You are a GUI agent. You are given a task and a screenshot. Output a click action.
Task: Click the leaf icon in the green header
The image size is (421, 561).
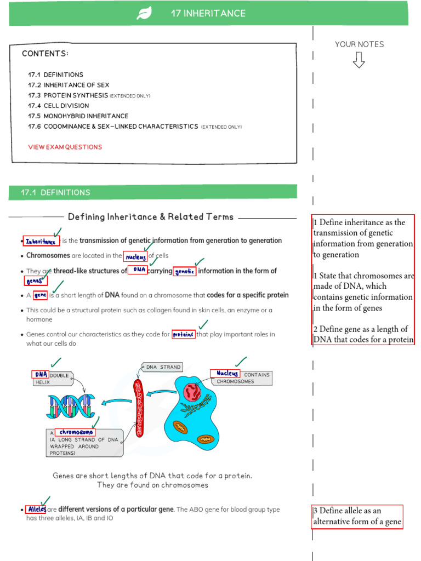point(144,14)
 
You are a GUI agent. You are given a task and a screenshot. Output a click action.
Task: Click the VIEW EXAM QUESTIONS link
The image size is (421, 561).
point(65,147)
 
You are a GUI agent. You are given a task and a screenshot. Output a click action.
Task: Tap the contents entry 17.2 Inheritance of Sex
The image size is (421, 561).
point(69,85)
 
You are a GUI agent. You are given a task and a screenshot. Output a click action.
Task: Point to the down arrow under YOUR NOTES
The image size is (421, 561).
point(359,60)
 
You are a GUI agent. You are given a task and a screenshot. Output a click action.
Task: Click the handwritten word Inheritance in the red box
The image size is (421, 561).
point(41,241)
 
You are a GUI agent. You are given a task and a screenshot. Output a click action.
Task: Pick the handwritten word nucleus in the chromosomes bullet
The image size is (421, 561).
point(135,256)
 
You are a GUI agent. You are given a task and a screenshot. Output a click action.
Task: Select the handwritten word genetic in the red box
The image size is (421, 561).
point(185,271)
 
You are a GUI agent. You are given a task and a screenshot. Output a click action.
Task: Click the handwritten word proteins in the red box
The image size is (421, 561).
point(184,334)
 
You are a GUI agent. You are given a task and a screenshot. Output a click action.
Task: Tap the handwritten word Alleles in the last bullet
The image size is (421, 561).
point(36,510)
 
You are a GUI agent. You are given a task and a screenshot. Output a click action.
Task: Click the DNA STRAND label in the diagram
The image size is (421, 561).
point(163,367)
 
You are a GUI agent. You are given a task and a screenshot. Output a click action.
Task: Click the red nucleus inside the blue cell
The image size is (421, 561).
point(193,391)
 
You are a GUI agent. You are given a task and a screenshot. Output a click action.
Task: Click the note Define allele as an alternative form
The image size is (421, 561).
point(357,516)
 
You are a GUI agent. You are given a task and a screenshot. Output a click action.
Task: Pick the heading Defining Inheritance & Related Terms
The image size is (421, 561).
point(150,217)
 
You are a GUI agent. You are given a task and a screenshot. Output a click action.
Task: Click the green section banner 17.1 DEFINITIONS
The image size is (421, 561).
point(153,192)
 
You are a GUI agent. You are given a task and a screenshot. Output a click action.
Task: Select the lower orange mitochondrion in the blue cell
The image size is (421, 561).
point(205,439)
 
